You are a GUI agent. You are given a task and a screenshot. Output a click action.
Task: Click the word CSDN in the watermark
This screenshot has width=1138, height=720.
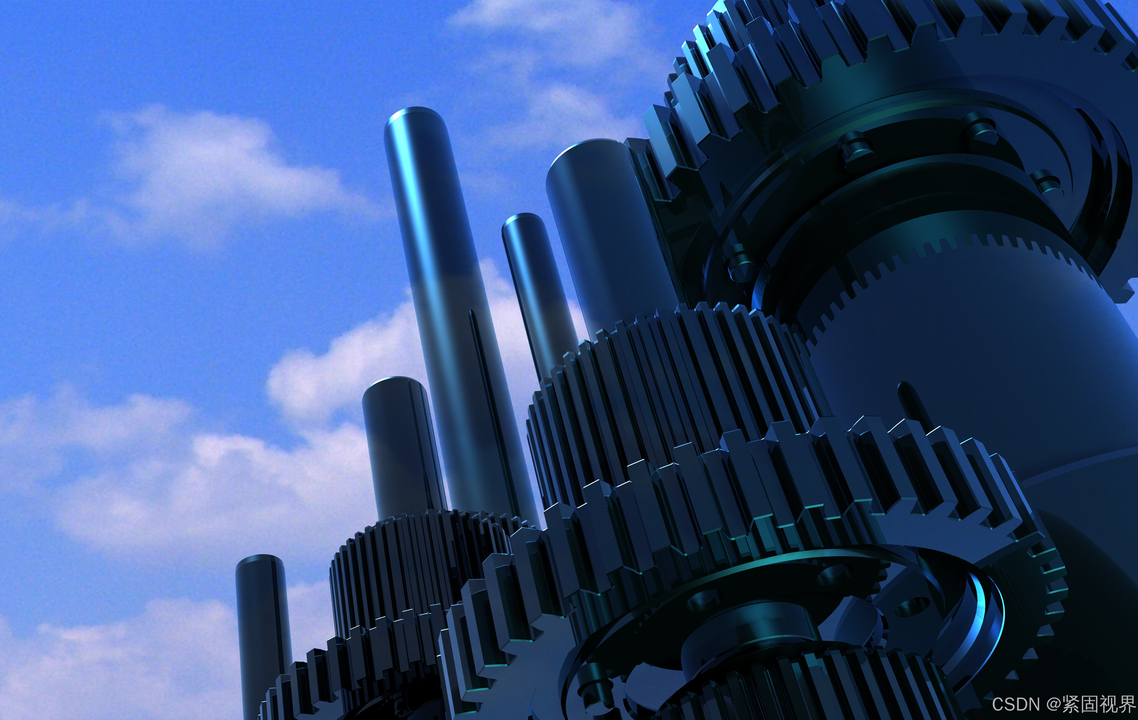pos(1016,704)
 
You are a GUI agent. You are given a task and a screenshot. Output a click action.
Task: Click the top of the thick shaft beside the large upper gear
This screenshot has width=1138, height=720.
pos(588,156)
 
